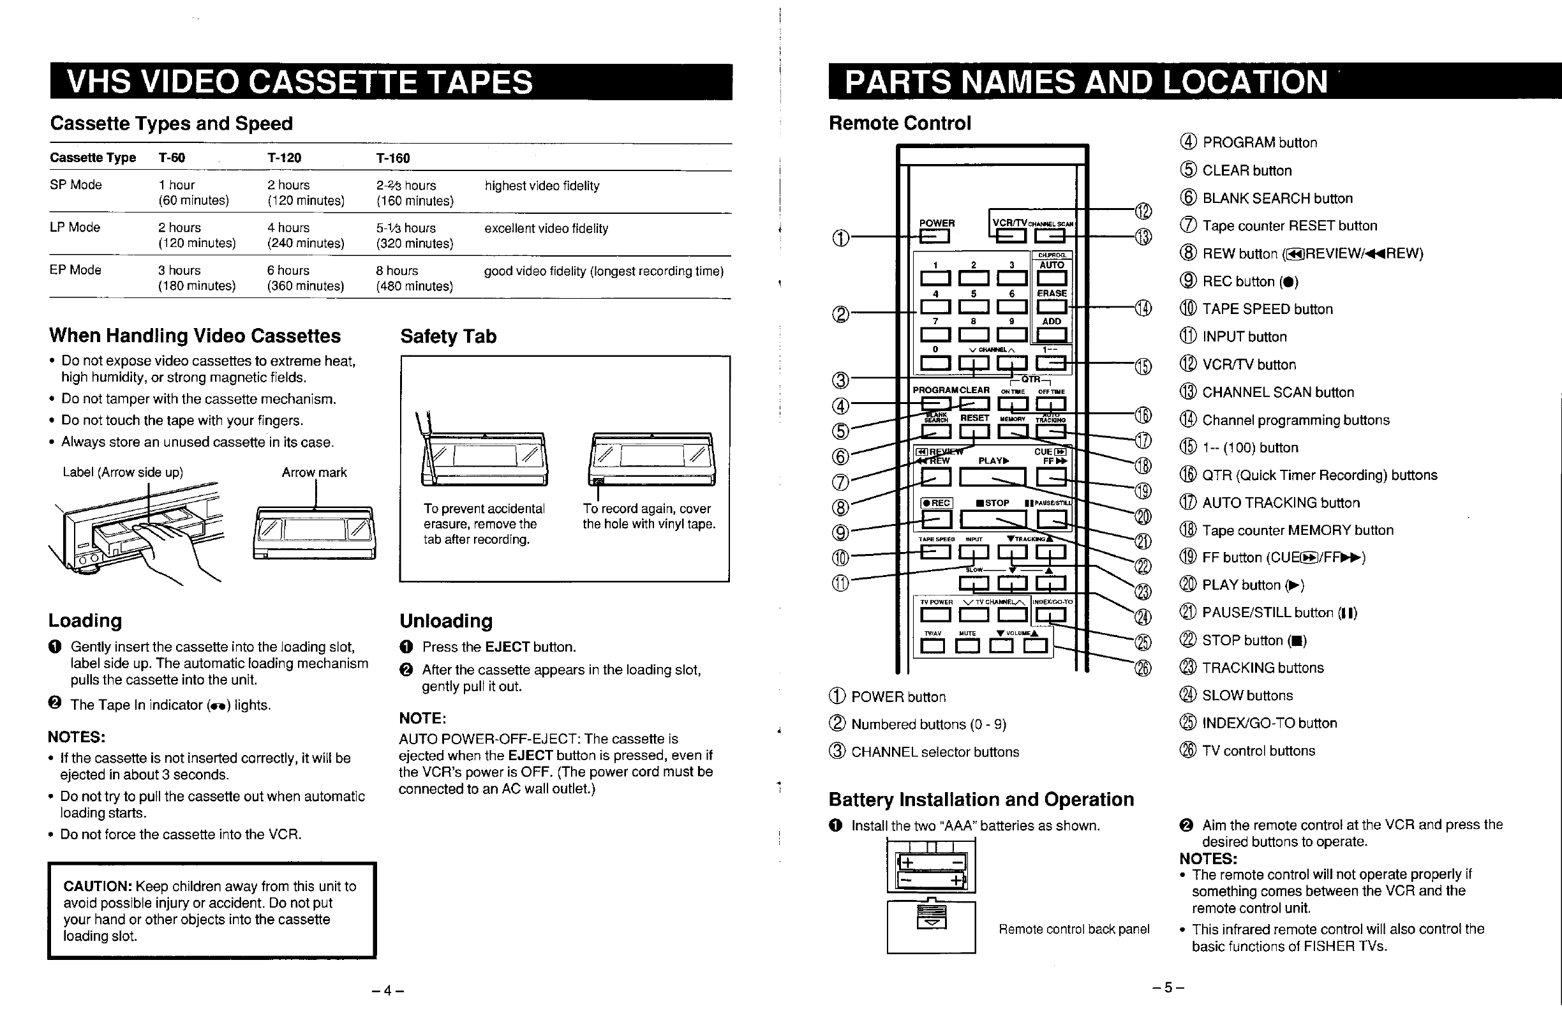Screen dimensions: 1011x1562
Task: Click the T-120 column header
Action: click(284, 158)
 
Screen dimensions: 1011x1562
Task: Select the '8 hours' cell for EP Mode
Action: click(396, 271)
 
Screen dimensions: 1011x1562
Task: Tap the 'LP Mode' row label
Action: click(75, 227)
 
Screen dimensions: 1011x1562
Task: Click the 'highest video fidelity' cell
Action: click(542, 186)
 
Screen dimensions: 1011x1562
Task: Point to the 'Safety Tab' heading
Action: click(449, 336)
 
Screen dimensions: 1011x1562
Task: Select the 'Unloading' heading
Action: click(445, 621)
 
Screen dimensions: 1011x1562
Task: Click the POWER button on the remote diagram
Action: click(935, 236)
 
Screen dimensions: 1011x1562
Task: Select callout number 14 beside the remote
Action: click(1143, 308)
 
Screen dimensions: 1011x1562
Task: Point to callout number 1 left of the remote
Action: click(840, 237)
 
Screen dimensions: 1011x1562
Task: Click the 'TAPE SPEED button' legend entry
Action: click(1267, 309)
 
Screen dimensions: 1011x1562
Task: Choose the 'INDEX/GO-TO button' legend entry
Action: click(1268, 723)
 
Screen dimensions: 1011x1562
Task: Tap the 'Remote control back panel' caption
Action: click(1074, 929)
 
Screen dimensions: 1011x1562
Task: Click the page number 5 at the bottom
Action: click(1168, 987)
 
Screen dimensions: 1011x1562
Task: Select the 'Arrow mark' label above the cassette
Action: click(315, 473)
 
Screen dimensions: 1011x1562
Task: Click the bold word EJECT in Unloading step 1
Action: click(507, 647)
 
